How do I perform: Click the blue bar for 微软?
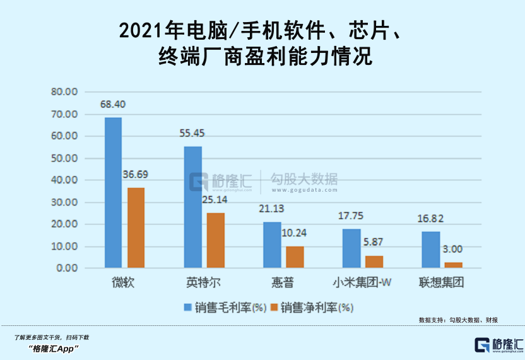click(x=114, y=193)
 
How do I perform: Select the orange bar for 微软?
click(x=136, y=228)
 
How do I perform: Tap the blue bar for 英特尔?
click(x=193, y=207)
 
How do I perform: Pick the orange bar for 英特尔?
click(x=215, y=240)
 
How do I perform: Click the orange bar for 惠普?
click(x=295, y=257)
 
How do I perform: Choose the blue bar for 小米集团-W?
click(x=351, y=248)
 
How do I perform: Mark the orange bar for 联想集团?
click(x=453, y=265)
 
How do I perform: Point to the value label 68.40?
click(x=113, y=104)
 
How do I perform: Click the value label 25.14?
click(x=215, y=200)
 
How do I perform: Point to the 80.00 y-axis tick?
click(x=64, y=92)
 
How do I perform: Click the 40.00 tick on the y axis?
click(x=64, y=180)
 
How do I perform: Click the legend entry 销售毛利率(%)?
click(x=225, y=308)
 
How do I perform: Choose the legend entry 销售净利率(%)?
click(x=312, y=308)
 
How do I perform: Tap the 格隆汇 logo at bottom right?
click(x=498, y=345)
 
